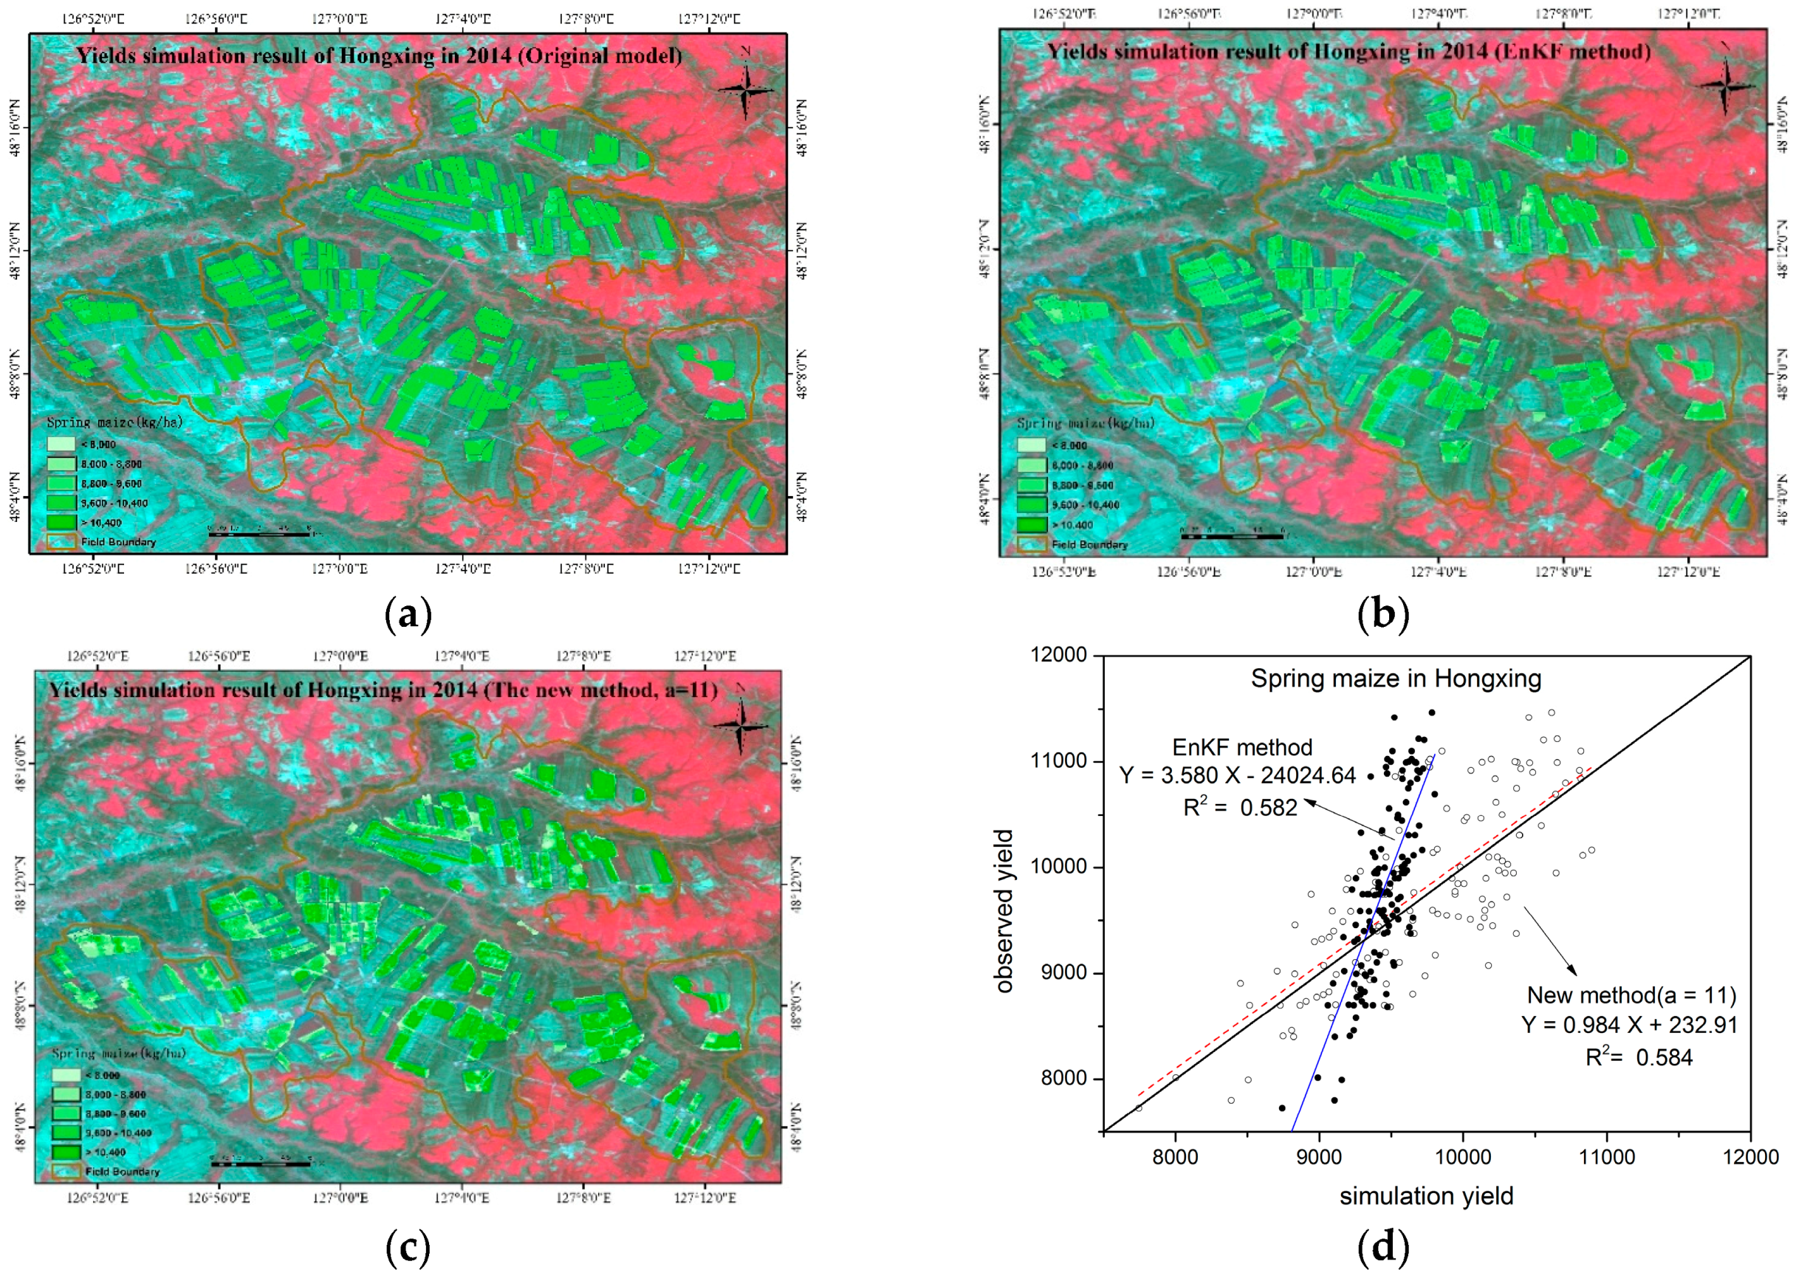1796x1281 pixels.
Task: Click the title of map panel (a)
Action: tap(379, 56)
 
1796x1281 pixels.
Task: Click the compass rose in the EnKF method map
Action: tap(1725, 84)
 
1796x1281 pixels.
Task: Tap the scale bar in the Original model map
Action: tap(258, 534)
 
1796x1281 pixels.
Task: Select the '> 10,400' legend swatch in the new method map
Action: tap(67, 1152)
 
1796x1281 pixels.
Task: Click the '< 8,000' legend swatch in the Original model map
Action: tap(61, 444)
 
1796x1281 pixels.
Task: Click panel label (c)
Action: tap(408, 1247)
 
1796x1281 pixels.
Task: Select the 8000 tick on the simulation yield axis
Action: tap(1175, 1157)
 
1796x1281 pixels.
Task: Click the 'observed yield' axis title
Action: tap(1004, 911)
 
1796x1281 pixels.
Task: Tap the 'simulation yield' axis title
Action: tap(1426, 1197)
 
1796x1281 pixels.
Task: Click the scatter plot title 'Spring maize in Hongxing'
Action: tap(1395, 679)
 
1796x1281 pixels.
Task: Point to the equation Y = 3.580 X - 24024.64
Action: tap(1238, 775)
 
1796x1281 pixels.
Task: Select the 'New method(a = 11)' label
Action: tap(1631, 995)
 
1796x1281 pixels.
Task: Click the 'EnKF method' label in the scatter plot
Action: tap(1241, 747)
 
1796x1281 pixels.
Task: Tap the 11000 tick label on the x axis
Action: tap(1607, 1157)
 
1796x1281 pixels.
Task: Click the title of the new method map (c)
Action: tap(383, 690)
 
